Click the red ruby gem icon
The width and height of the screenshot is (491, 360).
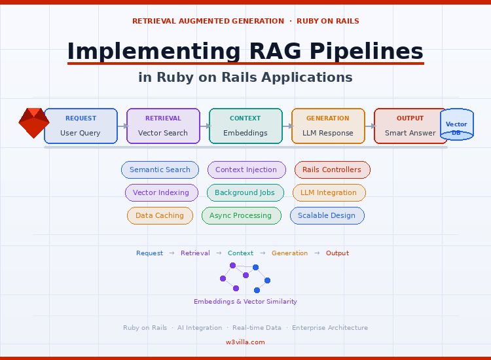34,123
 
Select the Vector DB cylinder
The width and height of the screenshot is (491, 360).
456,124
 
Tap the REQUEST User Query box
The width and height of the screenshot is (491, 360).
81,126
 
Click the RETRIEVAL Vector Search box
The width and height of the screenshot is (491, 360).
163,126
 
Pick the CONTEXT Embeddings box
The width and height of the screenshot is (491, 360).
245,126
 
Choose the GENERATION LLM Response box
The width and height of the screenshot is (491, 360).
328,126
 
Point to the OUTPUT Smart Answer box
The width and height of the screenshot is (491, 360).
410,126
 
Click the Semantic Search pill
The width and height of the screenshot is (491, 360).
160,170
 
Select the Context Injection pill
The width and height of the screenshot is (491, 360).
246,170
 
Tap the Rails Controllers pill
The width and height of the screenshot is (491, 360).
332,170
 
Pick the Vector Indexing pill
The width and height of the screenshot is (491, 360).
161,192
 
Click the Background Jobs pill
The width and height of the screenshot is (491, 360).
245,192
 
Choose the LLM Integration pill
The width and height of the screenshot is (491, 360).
329,192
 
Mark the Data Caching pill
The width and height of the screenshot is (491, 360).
160,215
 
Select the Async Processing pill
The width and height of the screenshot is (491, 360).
241,215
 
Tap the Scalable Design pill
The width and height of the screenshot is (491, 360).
327,215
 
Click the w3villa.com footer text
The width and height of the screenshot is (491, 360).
245,342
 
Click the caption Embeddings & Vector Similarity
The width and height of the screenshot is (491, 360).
245,302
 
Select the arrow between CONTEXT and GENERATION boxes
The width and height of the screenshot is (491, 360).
287,126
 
